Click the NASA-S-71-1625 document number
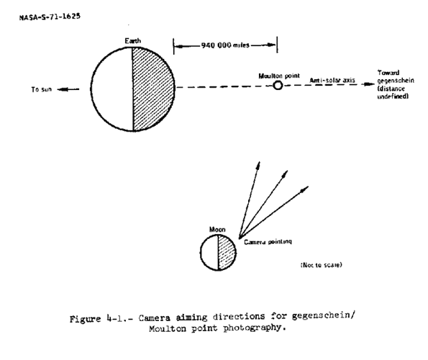coord(50,17)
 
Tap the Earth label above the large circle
coord(133,41)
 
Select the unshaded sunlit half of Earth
coord(111,89)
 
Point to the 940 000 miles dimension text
coord(225,45)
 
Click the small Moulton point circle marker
coord(278,86)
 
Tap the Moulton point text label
coord(279,76)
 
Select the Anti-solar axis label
coord(332,80)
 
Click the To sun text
coord(42,89)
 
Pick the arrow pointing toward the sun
coord(68,89)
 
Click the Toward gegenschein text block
coord(396,84)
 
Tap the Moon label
coord(217,230)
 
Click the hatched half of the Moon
coord(227,253)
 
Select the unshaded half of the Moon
coord(209,253)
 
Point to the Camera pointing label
coord(268,242)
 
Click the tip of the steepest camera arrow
coord(259,162)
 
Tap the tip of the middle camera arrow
coord(288,171)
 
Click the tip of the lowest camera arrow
coord(309,186)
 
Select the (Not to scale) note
coord(321,265)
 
